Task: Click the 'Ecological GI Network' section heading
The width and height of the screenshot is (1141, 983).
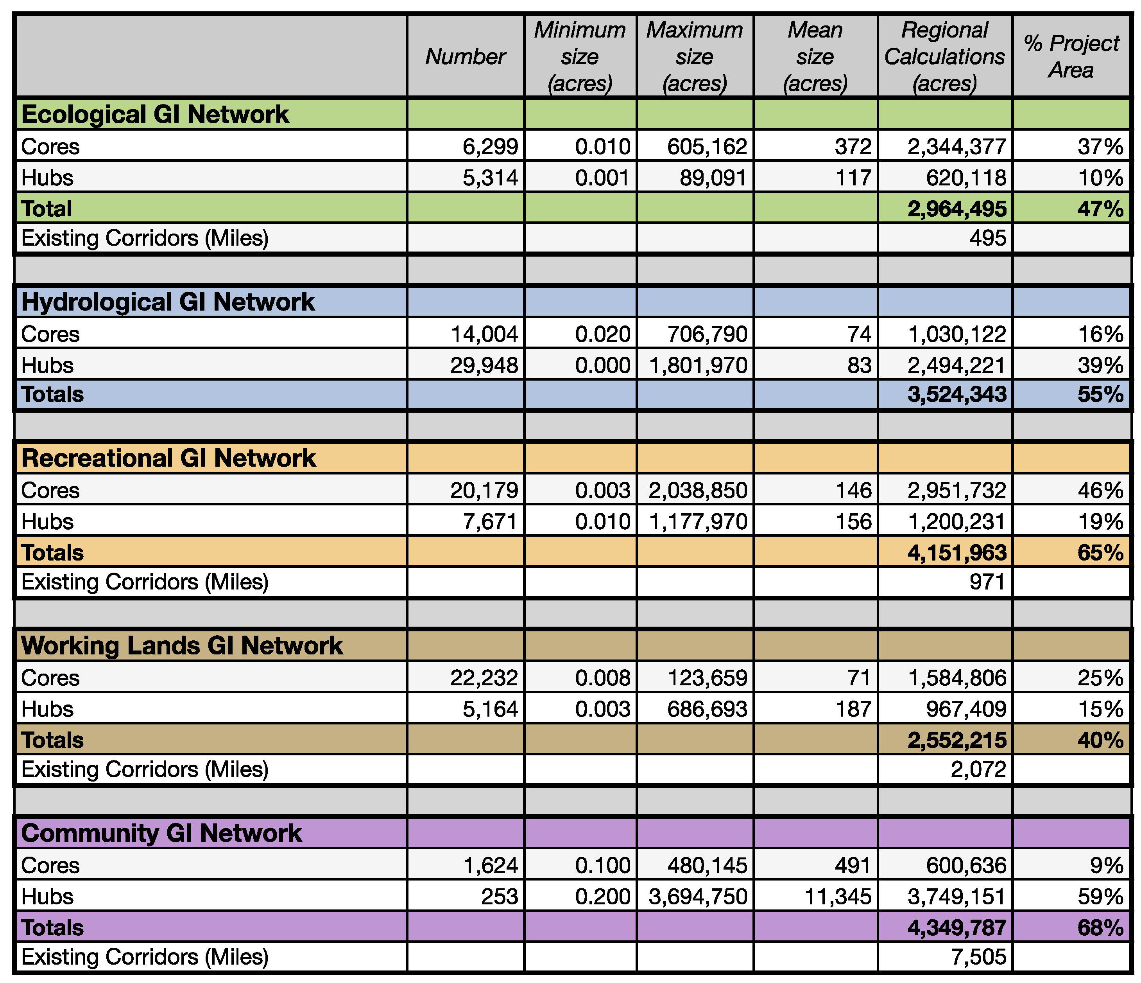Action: [155, 115]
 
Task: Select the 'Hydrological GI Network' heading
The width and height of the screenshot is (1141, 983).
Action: [168, 302]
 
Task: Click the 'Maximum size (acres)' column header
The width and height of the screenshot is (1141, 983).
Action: [694, 57]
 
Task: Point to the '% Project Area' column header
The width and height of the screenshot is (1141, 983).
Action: [1071, 57]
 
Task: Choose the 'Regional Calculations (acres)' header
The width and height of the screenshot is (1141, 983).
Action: [944, 57]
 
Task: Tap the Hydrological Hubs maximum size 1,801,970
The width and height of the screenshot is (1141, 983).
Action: [698, 365]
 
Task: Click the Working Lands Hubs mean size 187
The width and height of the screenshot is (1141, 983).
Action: [853, 709]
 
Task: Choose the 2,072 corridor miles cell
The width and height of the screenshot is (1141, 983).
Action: [978, 769]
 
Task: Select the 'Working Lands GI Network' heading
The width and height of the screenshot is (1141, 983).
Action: [182, 645]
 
